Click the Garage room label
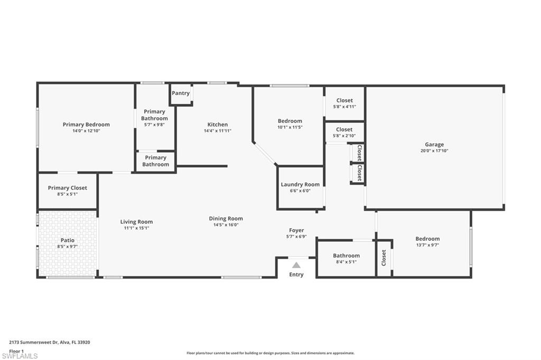tap(434, 145)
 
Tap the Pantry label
tap(181, 93)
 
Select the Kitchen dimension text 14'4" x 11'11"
tap(217, 131)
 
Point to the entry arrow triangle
tap(296, 265)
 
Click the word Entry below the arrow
tap(296, 274)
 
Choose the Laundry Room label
tap(300, 185)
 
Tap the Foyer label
tap(296, 230)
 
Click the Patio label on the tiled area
tap(68, 240)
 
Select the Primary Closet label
tap(68, 188)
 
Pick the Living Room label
tap(136, 222)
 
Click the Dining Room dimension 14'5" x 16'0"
tap(226, 225)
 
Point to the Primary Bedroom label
tap(86, 125)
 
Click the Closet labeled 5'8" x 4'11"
tap(344, 100)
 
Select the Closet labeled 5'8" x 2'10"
tap(344, 129)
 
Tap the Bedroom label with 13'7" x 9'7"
tap(427, 239)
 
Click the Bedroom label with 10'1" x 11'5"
tap(290, 121)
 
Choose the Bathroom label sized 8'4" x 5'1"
tap(346, 255)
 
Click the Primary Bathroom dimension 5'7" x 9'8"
tap(155, 125)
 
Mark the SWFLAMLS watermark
tap(20, 356)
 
